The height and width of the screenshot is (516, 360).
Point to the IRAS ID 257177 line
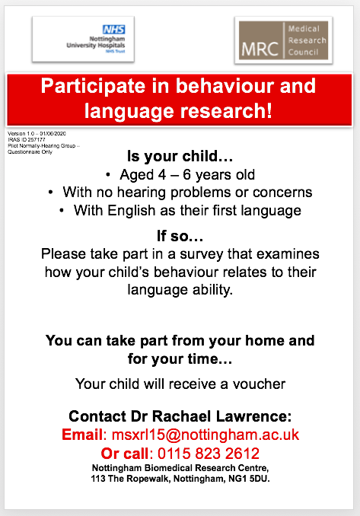coord(26,139)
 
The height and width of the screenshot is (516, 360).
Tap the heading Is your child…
coord(180,158)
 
